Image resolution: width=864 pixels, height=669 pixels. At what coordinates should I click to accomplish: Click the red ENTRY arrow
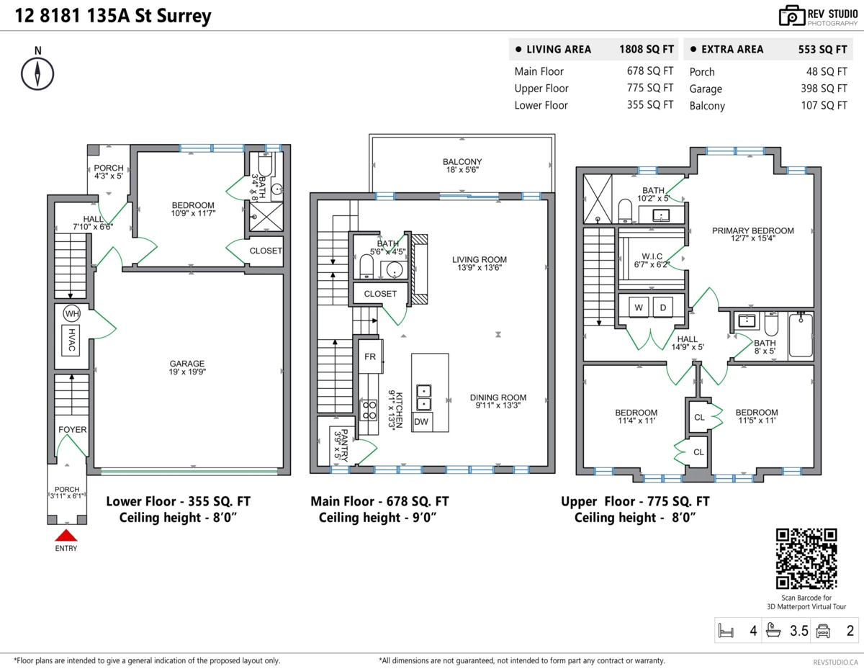(66, 535)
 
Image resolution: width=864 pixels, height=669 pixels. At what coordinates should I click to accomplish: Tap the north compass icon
(37, 73)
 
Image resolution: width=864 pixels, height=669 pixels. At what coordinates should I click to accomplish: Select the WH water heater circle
(71, 314)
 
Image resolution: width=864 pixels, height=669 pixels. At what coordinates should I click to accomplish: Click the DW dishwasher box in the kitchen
(421, 421)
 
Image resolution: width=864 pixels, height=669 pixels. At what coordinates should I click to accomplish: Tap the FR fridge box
(370, 356)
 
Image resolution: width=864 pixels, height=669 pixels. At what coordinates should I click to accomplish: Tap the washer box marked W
(638, 307)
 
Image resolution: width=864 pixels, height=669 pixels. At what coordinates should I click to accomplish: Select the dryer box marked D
(663, 307)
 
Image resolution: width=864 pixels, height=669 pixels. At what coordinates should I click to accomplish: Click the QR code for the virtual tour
(806, 559)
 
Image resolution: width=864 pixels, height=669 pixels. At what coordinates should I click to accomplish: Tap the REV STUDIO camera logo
(791, 16)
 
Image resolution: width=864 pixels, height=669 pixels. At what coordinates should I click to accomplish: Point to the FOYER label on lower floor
(72, 430)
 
